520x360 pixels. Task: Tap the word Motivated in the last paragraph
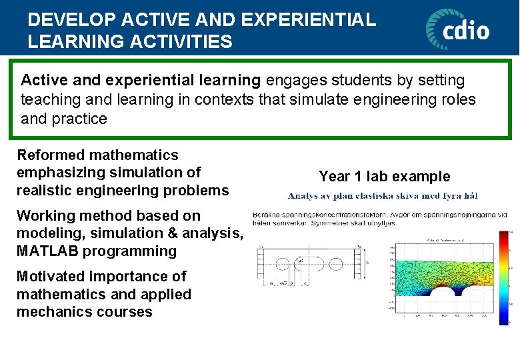(x=51, y=277)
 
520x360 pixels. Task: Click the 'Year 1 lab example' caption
(x=385, y=177)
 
